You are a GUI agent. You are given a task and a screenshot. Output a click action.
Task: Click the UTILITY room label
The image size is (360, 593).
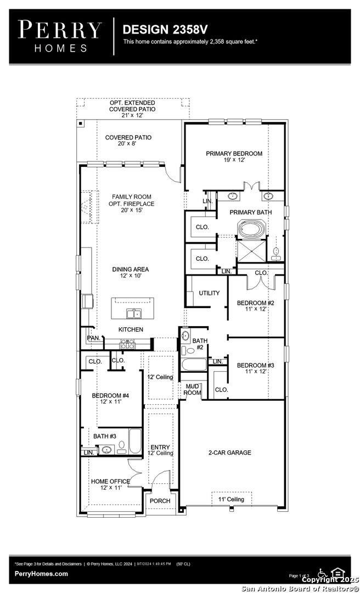click(209, 293)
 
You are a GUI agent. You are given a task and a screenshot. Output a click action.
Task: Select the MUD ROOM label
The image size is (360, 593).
click(192, 390)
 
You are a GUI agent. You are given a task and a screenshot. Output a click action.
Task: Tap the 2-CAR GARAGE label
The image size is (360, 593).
click(229, 452)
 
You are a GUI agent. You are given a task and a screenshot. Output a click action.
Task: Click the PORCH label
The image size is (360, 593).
click(160, 501)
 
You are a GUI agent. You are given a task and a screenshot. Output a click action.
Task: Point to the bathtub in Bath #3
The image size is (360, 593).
click(135, 441)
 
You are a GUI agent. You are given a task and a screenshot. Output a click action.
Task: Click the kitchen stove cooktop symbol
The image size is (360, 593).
click(127, 344)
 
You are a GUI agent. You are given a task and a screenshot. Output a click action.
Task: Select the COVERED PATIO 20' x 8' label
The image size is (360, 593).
click(128, 141)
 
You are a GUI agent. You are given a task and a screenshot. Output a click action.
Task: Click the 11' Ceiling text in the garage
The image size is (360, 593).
click(232, 499)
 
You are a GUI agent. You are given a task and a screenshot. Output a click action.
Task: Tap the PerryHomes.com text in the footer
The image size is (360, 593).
click(42, 574)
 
